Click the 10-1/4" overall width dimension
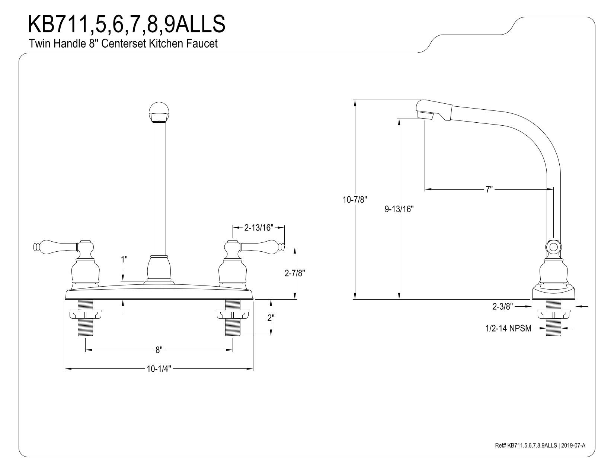159,369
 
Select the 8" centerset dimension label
159,350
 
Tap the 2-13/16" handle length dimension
259,228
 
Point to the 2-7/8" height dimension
295,273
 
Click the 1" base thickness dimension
124,259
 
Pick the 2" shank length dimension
271,317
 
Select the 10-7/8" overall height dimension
355,200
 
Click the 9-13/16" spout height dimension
399,209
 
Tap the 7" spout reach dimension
489,189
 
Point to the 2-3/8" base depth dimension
503,306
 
